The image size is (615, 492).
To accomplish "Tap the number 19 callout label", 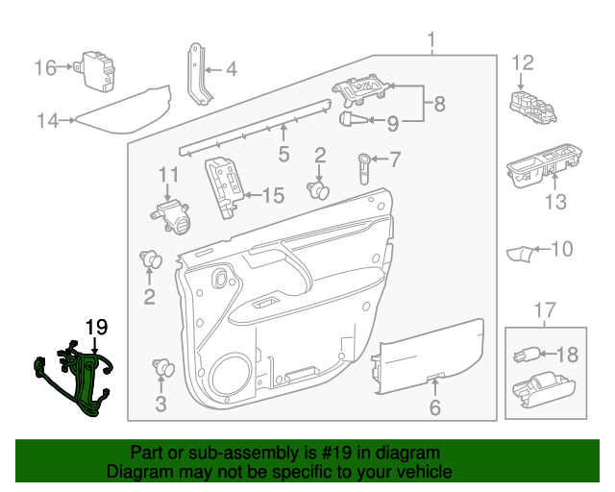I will pos(96,328).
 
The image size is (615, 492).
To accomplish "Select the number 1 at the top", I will pos(431,39).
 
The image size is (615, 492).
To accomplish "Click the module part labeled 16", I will pos(97,69).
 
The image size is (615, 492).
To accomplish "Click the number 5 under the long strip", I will pos(283,154).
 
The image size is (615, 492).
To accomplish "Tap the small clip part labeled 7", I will pos(366,165).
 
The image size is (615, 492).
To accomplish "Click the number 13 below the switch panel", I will pos(556,202).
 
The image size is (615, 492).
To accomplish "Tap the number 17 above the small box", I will pos(545,309).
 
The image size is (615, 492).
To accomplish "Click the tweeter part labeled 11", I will pos(171,216).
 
